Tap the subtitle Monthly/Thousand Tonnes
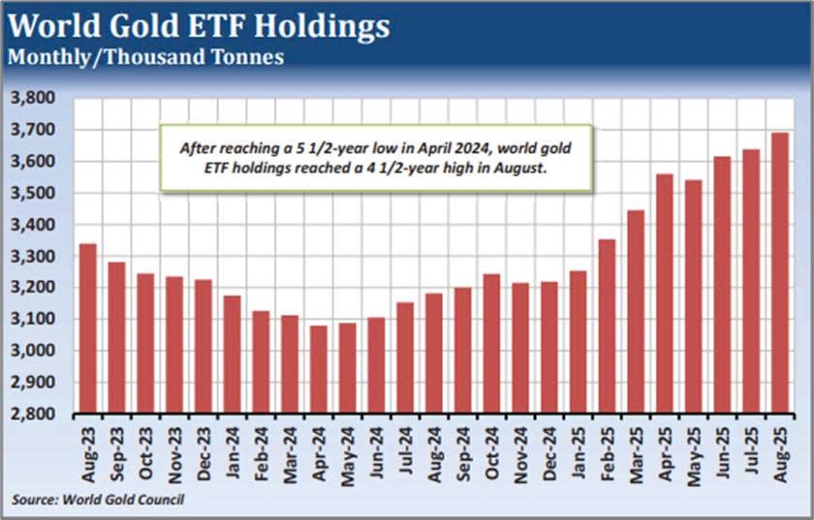[145, 56]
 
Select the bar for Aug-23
[87, 329]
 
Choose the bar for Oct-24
[491, 344]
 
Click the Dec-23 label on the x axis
[203, 451]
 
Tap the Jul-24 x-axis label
[404, 451]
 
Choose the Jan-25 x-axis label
[578, 451]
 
